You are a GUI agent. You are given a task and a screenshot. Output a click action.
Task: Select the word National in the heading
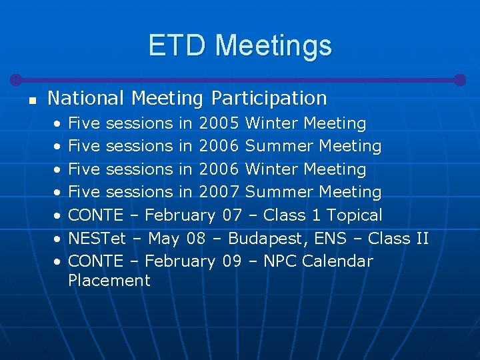point(87,99)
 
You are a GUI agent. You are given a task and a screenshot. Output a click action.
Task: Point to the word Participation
point(269,99)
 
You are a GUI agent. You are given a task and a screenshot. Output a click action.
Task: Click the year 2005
point(219,123)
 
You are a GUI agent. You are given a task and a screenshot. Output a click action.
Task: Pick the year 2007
point(219,192)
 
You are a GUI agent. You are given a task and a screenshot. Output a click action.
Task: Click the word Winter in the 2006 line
point(272,169)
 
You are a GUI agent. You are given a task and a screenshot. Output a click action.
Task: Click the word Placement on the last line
point(109,281)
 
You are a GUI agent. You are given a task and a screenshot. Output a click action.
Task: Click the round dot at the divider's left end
point(17,79)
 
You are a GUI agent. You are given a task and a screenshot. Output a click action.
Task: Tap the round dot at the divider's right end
point(459,79)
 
